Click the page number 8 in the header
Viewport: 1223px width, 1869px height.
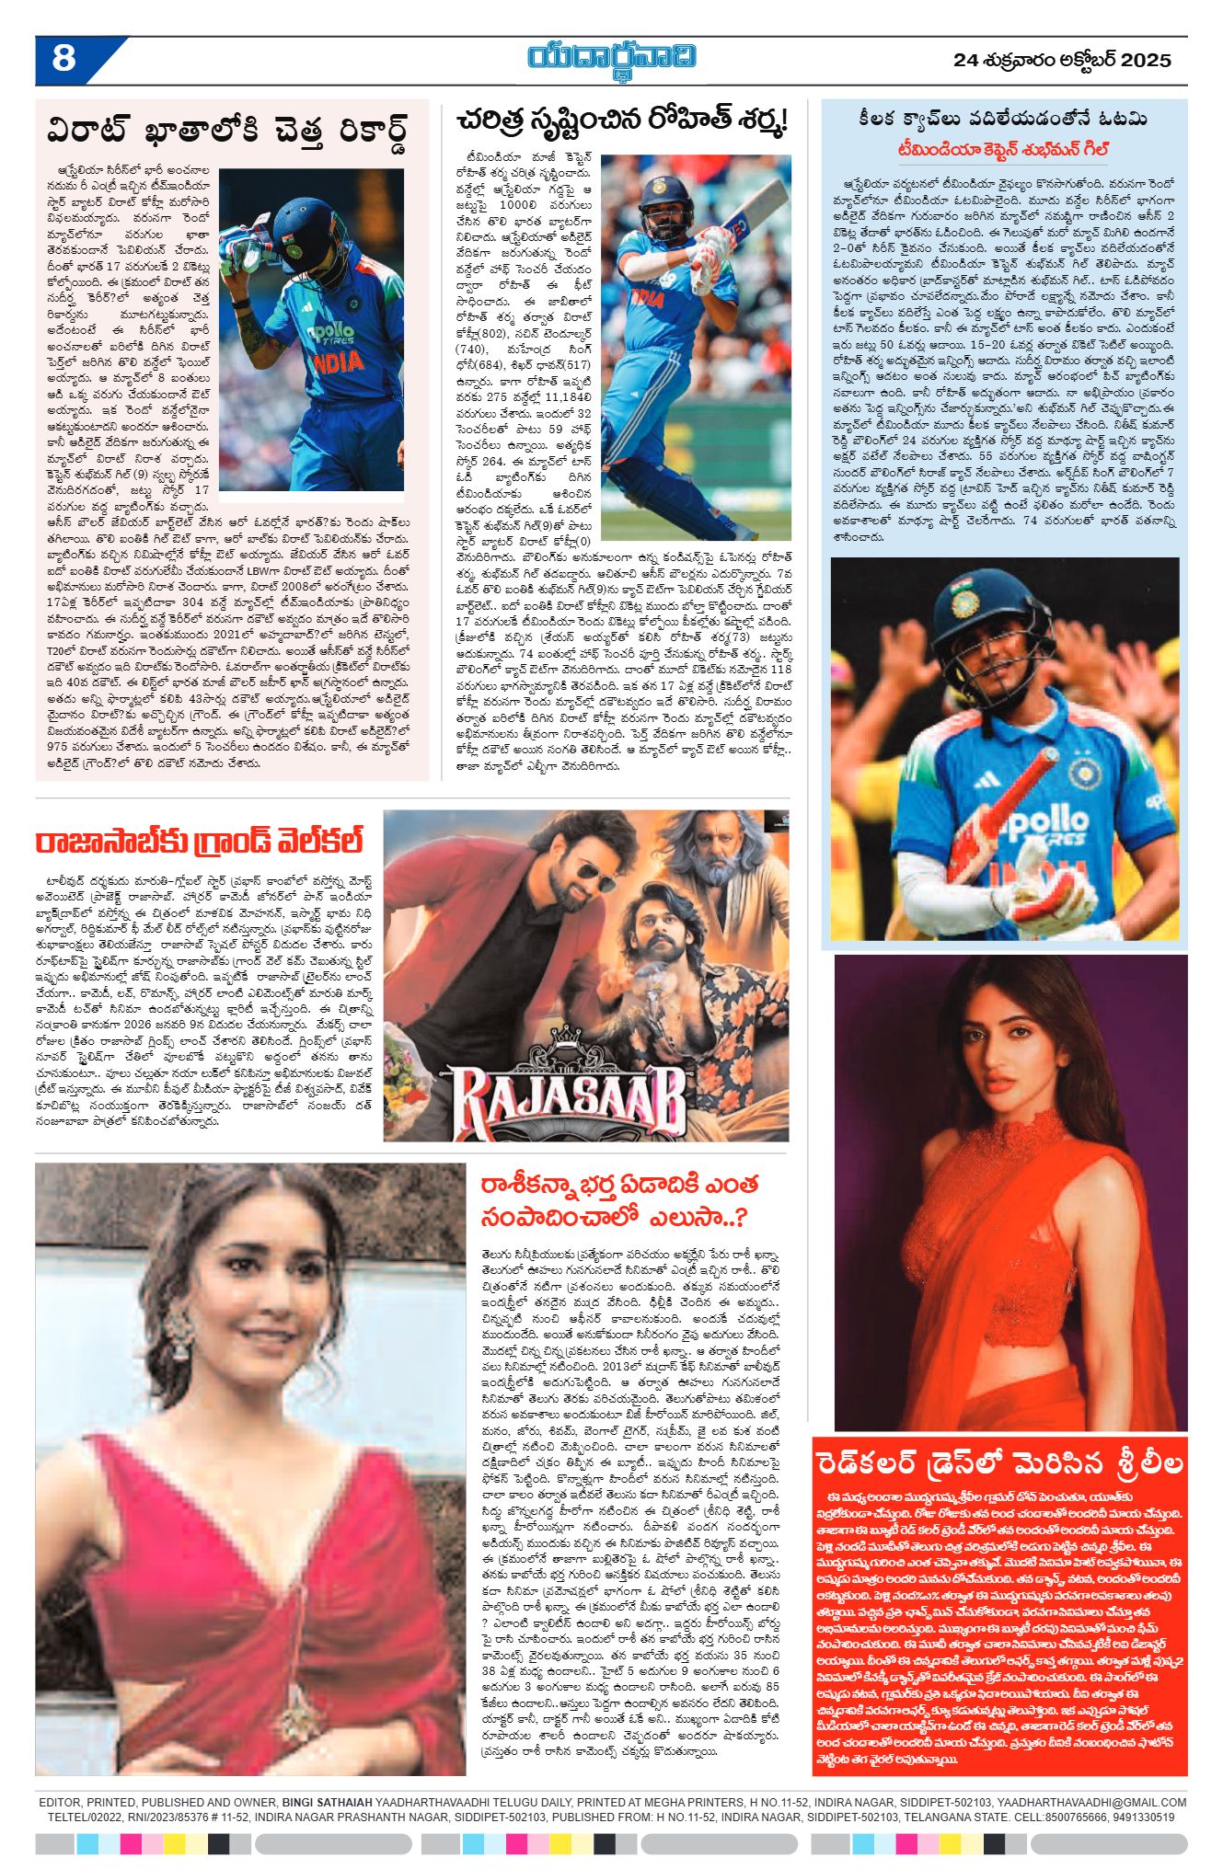(63, 60)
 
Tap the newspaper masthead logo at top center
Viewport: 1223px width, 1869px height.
(612, 57)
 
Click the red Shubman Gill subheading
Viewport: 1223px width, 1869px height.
(1003, 149)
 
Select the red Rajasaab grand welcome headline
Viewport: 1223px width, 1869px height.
(199, 841)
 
